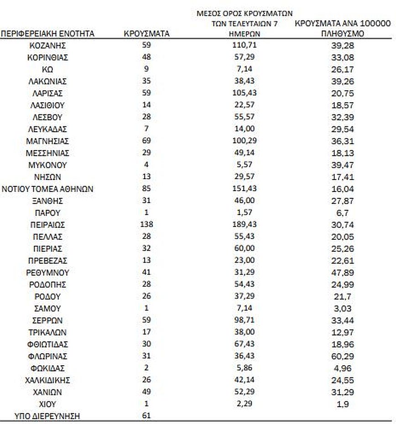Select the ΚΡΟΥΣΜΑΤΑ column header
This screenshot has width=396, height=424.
click(x=146, y=33)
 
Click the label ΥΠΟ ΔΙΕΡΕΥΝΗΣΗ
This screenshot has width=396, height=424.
click(x=47, y=415)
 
